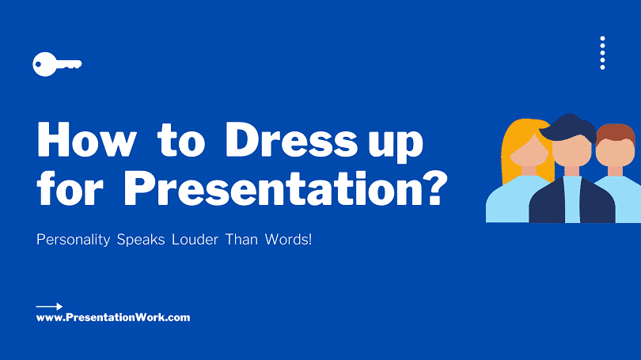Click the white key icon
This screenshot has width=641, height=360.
[x=56, y=64]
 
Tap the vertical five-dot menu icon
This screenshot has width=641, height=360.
[x=602, y=53]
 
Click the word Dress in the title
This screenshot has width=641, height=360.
[x=291, y=139]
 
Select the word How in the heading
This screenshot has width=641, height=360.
[x=87, y=139]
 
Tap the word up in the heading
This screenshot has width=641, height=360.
[x=396, y=144]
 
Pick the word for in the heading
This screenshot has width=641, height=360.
[x=70, y=188]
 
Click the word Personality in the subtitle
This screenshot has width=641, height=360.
[x=73, y=240]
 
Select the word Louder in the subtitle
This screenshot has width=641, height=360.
[x=195, y=240]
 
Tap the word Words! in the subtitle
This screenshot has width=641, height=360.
[x=288, y=240]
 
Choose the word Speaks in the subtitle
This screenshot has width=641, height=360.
[x=141, y=240]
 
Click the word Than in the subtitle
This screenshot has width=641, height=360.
[x=241, y=240]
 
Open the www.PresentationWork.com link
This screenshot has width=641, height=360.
[x=113, y=317]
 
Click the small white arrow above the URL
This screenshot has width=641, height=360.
[x=50, y=306]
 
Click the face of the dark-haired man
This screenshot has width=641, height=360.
[x=572, y=151]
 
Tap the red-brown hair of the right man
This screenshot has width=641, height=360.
[x=615, y=134]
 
